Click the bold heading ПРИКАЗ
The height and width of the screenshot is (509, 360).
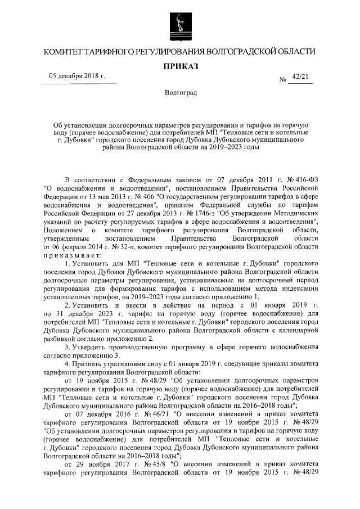[180, 66]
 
